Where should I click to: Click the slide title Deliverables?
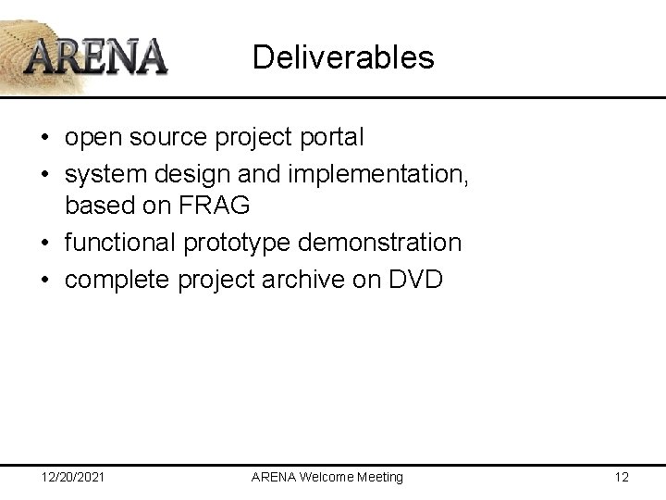coord(342,57)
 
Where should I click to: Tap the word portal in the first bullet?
coord(327,138)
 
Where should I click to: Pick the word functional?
coord(119,244)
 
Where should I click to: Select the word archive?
coord(321,279)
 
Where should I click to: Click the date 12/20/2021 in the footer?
coord(73,477)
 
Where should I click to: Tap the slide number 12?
coord(621,477)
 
